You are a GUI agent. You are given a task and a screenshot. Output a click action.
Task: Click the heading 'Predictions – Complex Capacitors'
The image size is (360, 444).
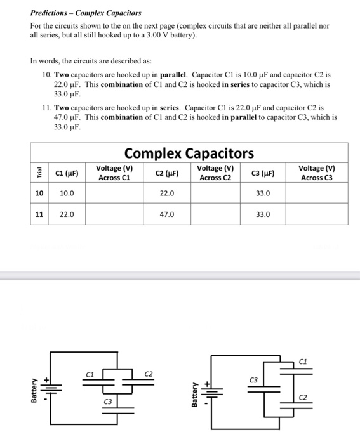[86, 13]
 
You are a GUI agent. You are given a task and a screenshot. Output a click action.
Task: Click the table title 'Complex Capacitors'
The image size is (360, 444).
[189, 153]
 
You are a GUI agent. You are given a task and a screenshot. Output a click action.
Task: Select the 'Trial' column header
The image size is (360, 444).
[39, 173]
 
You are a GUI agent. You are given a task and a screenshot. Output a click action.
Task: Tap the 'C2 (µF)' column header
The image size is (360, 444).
[166, 173]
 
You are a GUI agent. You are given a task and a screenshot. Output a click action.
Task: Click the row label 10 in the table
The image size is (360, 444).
[39, 193]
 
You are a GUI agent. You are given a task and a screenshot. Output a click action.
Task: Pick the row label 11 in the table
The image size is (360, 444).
[39, 214]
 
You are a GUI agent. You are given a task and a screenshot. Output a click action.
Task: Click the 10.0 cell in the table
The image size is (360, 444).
[67, 193]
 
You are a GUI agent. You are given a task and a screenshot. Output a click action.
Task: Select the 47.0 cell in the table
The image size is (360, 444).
[166, 214]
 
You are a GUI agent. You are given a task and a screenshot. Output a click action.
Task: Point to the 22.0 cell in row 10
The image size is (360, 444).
[166, 193]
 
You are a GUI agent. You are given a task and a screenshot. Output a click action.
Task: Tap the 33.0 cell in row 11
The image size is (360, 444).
[263, 214]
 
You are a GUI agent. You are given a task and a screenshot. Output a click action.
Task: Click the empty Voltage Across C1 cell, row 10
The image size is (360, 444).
[114, 193]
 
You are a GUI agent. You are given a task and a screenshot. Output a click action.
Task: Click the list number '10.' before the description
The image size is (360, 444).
[45, 74]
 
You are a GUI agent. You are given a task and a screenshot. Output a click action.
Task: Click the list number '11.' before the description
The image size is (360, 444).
[45, 108]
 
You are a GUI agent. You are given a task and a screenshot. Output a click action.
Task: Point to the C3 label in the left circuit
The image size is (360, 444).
[109, 402]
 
